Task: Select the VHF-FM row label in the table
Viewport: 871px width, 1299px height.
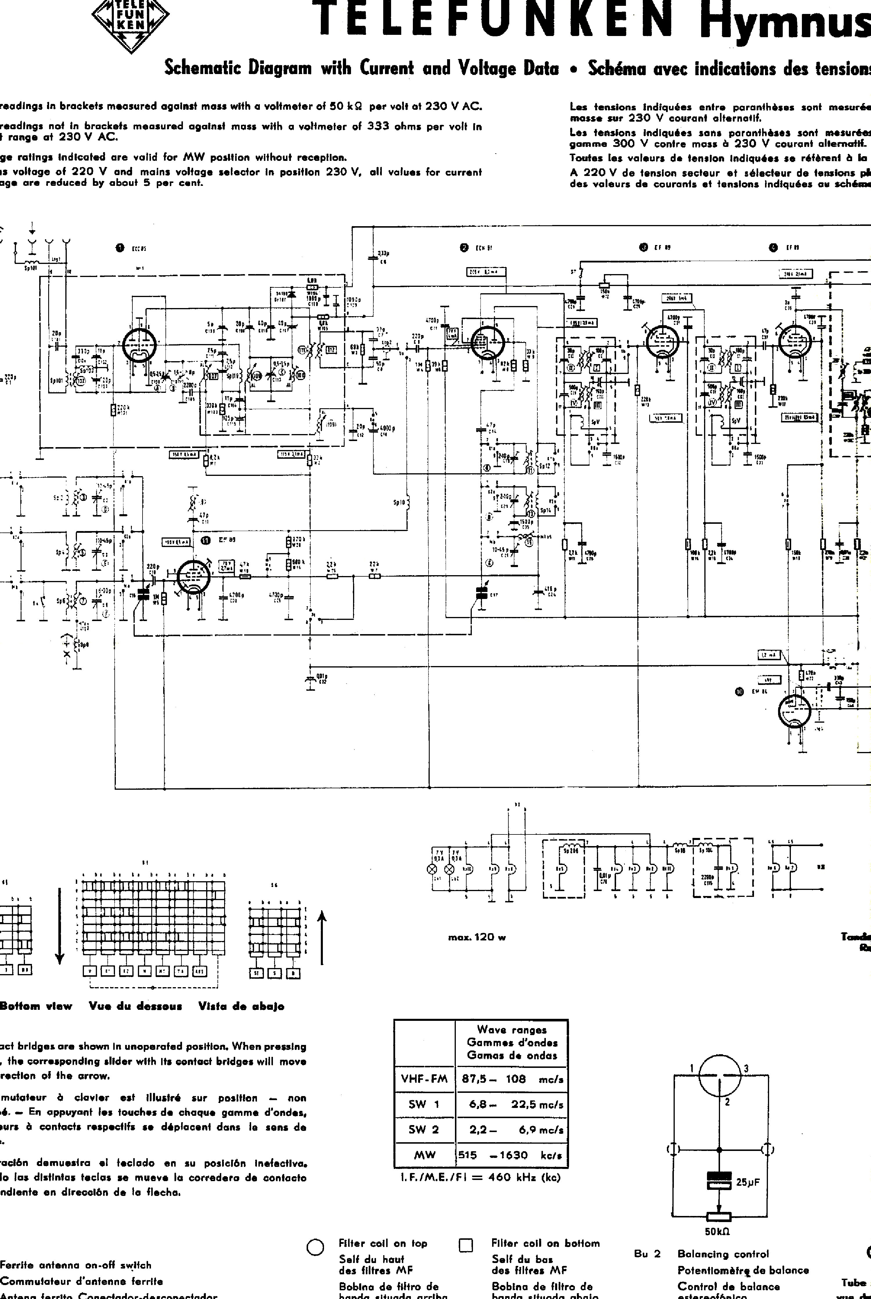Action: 424,1079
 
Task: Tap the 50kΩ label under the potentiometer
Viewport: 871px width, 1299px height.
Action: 717,1231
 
